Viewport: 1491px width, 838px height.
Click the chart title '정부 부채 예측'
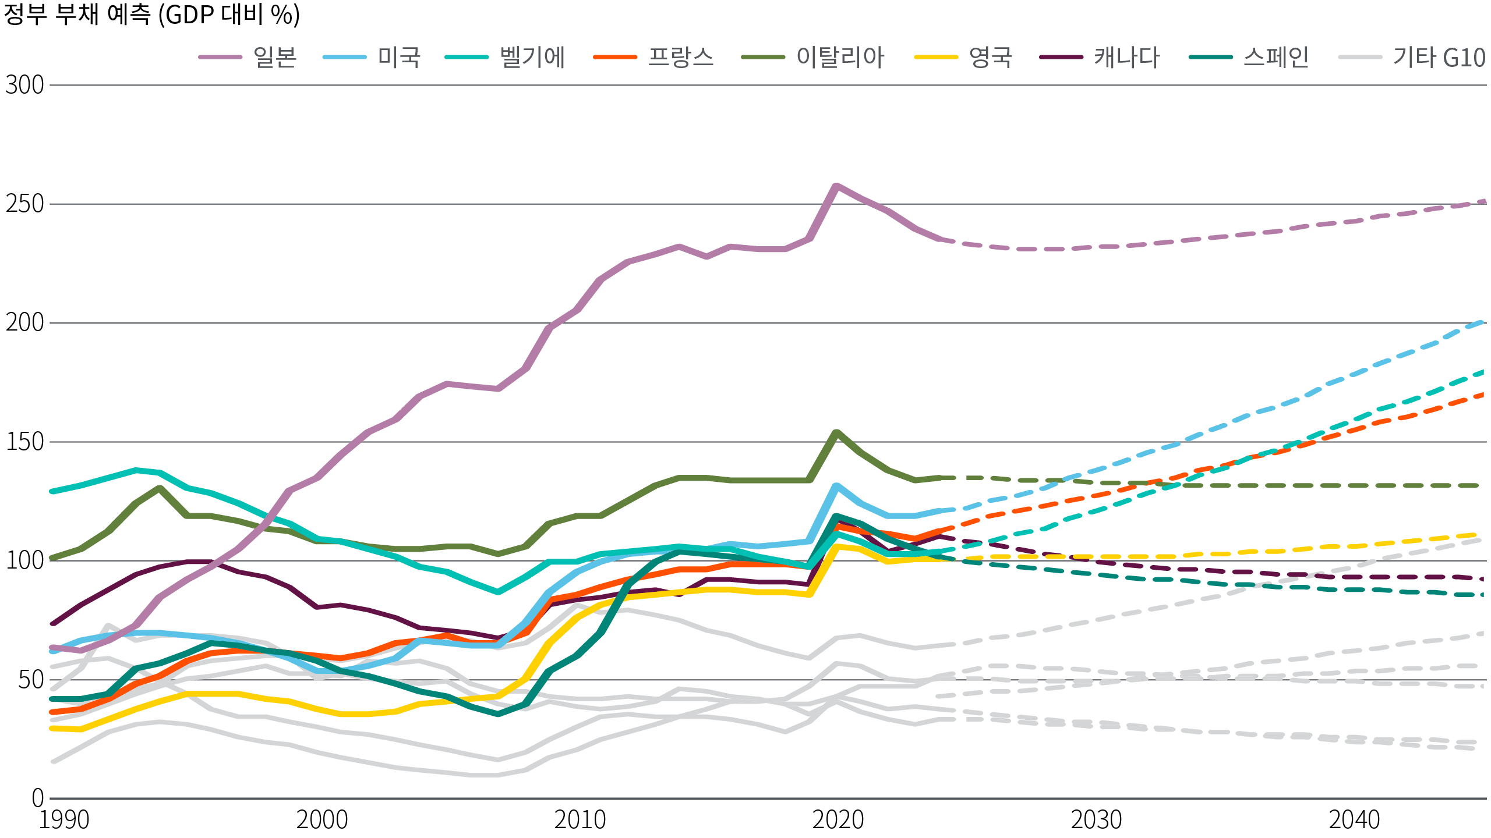coord(151,15)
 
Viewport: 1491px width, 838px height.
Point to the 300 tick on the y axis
coord(24,86)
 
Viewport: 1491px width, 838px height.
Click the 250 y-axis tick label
coord(24,204)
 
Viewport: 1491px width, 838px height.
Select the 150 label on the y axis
coord(24,442)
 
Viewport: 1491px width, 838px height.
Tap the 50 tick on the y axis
coord(30,680)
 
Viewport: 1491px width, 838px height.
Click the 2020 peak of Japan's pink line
coord(836,186)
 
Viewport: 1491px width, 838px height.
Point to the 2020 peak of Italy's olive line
coord(836,432)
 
